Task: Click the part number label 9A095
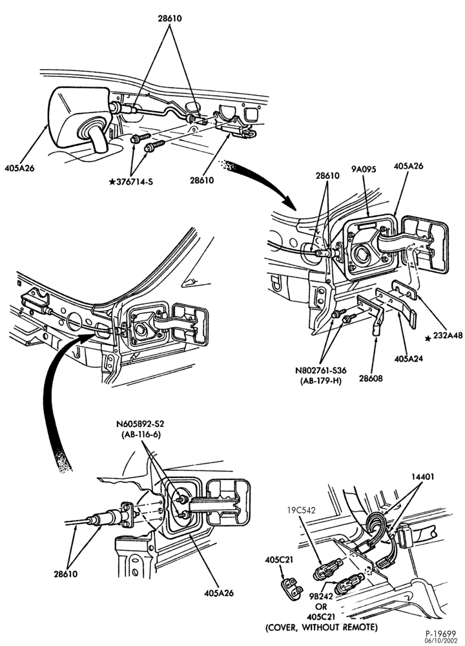click(x=364, y=169)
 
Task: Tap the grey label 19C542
click(x=302, y=510)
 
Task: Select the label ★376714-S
click(x=130, y=182)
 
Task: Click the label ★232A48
click(x=444, y=335)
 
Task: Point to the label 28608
click(x=372, y=378)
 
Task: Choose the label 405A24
click(x=408, y=359)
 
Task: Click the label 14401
click(x=422, y=477)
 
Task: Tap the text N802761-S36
click(x=320, y=371)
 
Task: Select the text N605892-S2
click(x=143, y=424)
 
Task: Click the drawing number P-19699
click(x=442, y=633)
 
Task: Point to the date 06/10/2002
click(x=442, y=640)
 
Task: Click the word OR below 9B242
click(x=321, y=607)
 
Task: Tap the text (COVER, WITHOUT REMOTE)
click(x=321, y=627)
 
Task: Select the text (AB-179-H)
click(x=320, y=380)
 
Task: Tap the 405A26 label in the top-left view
click(x=19, y=168)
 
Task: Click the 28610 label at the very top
click(x=169, y=19)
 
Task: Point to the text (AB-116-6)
click(x=141, y=434)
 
